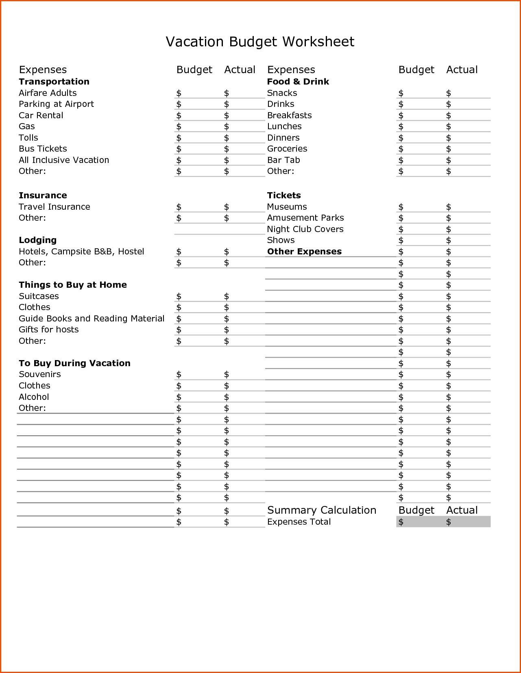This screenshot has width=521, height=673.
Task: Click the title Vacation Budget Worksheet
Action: [260, 42]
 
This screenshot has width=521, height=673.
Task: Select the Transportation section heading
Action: [54, 82]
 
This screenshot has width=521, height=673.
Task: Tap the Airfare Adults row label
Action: [48, 93]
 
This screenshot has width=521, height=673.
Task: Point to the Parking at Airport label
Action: [56, 104]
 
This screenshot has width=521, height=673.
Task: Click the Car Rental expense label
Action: [41, 115]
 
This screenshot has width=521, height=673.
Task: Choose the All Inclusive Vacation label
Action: [64, 160]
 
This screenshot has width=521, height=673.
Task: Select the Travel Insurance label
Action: [54, 207]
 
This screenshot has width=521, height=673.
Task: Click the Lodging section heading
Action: [37, 240]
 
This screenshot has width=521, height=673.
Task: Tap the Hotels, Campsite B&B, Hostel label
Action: [81, 252]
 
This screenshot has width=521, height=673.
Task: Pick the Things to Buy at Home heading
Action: [72, 285]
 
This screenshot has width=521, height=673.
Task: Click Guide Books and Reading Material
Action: [92, 319]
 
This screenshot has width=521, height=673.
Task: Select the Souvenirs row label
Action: [39, 374]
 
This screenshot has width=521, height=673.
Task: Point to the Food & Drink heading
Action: [298, 82]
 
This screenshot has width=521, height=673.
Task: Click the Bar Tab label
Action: [283, 160]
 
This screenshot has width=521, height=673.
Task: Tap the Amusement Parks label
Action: [305, 218]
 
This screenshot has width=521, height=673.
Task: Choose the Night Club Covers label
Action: [305, 229]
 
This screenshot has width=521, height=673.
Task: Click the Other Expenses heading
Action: [304, 252]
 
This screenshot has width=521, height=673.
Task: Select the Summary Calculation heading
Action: [321, 510]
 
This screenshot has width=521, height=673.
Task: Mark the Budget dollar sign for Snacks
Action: [401, 93]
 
